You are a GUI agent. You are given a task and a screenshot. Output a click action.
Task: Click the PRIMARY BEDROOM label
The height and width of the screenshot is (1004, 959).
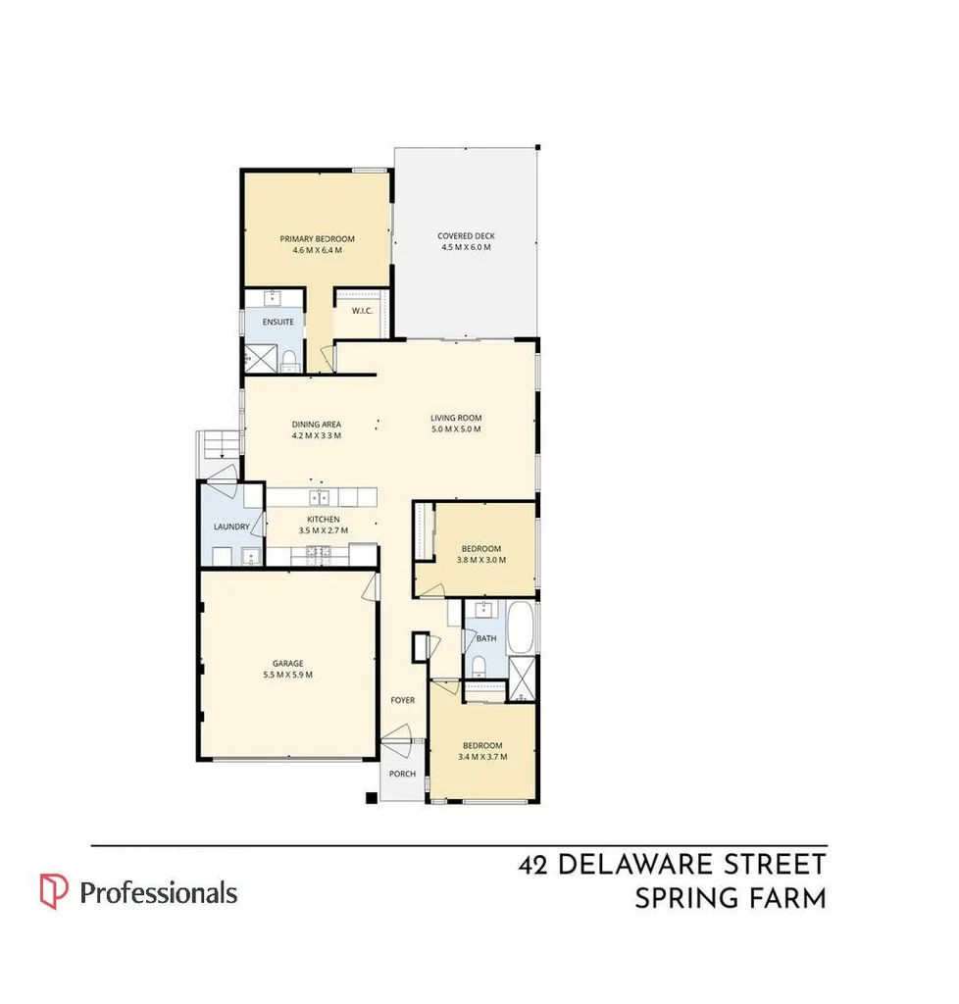[x=317, y=239]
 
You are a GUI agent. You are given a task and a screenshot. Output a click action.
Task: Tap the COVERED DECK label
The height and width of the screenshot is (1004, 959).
[x=466, y=236]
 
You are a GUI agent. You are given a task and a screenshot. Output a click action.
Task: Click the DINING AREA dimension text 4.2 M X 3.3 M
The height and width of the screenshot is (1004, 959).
[x=316, y=435]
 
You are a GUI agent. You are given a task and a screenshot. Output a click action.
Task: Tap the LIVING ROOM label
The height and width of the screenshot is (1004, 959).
[x=456, y=419]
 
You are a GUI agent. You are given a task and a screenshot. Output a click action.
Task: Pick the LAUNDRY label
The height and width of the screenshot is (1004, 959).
[x=231, y=527]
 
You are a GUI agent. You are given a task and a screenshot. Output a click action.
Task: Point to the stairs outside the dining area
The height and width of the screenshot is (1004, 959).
[x=219, y=446]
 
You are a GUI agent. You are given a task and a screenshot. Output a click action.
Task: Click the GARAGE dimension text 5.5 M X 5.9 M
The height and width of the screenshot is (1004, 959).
[x=287, y=675]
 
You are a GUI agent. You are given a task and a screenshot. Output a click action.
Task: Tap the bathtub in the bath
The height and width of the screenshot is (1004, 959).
[x=521, y=627]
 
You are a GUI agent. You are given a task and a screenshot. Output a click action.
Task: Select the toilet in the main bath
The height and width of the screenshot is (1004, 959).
[x=478, y=667]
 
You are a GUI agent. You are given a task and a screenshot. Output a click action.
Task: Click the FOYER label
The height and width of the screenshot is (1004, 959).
[x=402, y=701]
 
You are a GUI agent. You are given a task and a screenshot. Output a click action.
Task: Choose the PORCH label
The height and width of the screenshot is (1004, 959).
[x=402, y=774]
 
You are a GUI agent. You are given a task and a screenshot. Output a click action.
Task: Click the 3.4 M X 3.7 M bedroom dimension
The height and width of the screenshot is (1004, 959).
[x=481, y=756]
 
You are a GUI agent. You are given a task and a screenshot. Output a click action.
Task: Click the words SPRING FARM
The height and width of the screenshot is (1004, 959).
[x=730, y=898]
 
